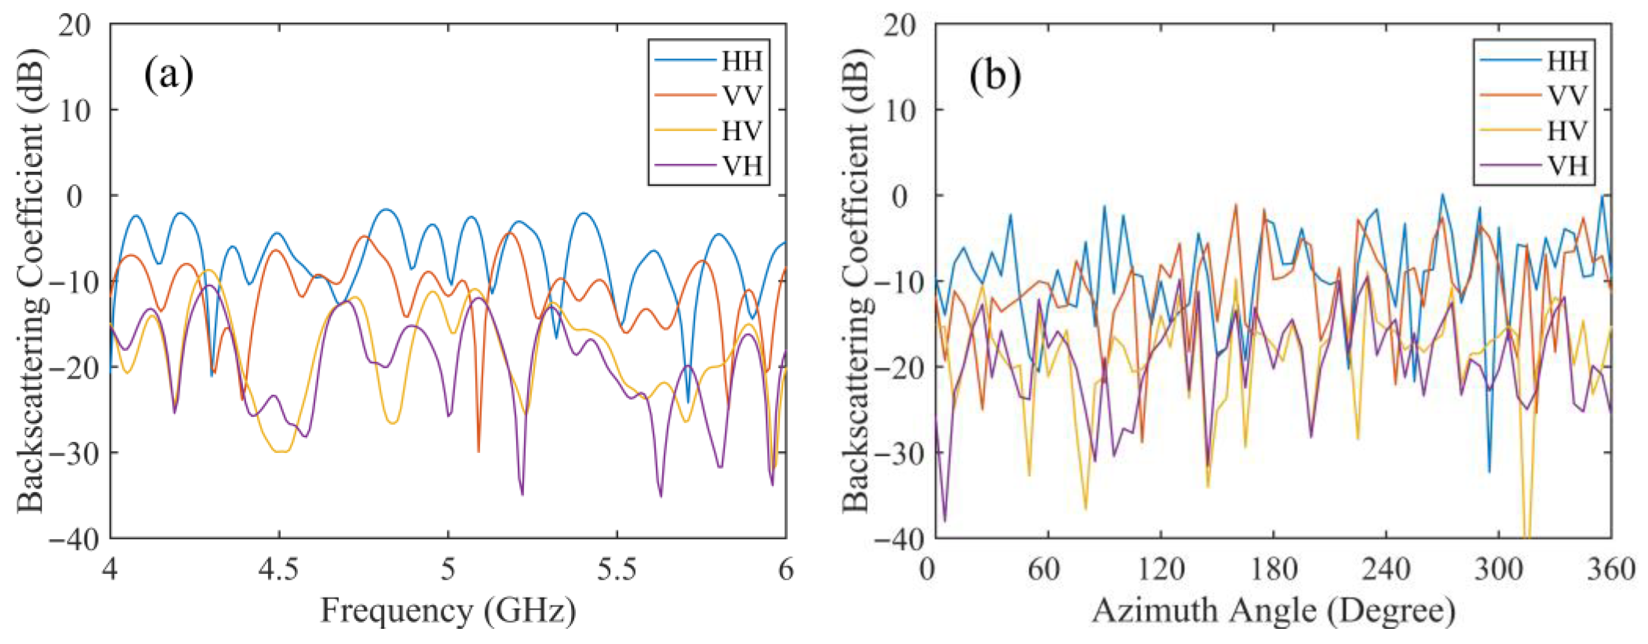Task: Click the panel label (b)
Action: coord(995,75)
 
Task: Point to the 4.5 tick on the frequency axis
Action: coord(279,569)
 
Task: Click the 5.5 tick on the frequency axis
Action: coord(618,569)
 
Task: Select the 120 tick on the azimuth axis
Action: coord(1161,569)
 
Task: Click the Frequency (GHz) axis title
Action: coord(448,611)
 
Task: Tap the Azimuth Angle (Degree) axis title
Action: coord(1273,611)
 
